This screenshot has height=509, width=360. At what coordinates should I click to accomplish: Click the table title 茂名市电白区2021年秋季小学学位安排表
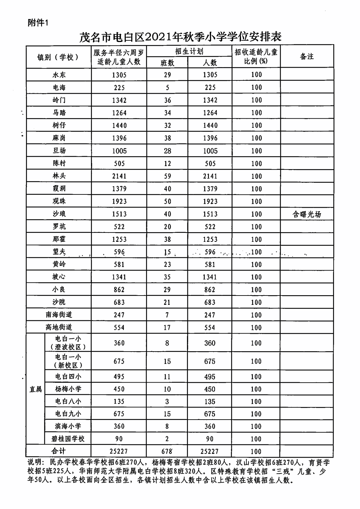pyautogui.click(x=180, y=36)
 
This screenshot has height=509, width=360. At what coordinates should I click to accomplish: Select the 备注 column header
pyautogui.click(x=307, y=56)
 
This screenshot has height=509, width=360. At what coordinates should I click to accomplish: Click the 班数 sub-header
pyautogui.click(x=167, y=63)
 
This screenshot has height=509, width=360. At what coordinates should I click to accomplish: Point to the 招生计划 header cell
pyautogui.click(x=189, y=51)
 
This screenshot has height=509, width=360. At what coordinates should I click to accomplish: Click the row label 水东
pyautogui.click(x=59, y=75)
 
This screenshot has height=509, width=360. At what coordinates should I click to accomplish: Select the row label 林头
pyautogui.click(x=59, y=176)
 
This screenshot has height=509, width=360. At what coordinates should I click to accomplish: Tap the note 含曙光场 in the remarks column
pyautogui.click(x=307, y=214)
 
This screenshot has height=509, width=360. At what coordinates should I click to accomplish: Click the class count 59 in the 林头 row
pyautogui.click(x=167, y=176)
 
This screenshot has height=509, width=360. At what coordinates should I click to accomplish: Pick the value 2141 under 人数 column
pyautogui.click(x=210, y=176)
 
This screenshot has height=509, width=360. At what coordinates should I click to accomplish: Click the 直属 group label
pyautogui.click(x=35, y=389)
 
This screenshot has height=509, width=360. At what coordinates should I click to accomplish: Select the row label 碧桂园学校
pyautogui.click(x=68, y=439)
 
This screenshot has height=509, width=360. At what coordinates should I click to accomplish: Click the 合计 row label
pyautogui.click(x=59, y=451)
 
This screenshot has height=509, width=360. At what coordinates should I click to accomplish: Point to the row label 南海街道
pyautogui.click(x=59, y=315)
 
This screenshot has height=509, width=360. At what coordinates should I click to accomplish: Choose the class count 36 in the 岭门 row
pyautogui.click(x=167, y=100)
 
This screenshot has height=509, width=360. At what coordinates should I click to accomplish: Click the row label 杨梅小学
pyautogui.click(x=68, y=389)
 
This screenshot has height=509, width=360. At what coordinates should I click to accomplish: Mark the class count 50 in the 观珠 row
pyautogui.click(x=167, y=201)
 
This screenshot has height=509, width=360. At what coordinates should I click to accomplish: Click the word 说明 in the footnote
pyautogui.click(x=34, y=462)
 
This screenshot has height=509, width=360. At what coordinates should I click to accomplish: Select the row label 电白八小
pyautogui.click(x=68, y=401)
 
